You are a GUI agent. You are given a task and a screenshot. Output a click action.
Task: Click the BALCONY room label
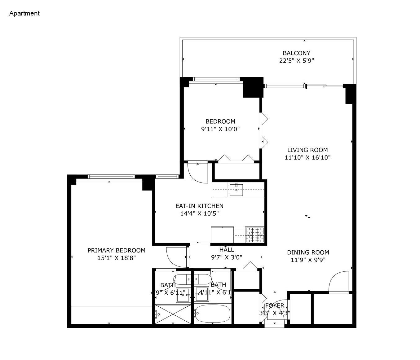tap(296, 53)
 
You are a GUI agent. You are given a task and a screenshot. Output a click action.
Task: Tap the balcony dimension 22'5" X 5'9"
tap(297, 61)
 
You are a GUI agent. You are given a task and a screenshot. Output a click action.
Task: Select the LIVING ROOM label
tap(307, 150)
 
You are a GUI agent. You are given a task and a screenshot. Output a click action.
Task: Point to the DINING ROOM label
tap(308, 252)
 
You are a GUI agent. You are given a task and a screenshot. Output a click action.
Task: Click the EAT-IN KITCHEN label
tap(199, 206)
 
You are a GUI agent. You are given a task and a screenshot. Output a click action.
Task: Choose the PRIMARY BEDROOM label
tap(116, 250)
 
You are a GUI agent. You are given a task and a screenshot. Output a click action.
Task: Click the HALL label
tap(227, 250)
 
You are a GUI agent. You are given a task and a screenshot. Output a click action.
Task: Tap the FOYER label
tap(275, 306)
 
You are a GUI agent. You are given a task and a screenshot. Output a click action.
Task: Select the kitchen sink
tap(236, 189)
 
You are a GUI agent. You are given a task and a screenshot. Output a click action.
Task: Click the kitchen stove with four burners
tap(254, 235)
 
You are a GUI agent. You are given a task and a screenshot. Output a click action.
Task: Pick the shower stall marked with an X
tap(173, 314)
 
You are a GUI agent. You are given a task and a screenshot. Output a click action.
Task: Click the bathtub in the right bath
tap(213, 314)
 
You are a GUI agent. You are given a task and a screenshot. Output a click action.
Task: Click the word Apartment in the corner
tap(24, 13)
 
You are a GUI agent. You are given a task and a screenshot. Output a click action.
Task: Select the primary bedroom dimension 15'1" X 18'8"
tap(117, 258)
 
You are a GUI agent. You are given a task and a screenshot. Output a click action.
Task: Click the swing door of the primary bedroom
tap(176, 257)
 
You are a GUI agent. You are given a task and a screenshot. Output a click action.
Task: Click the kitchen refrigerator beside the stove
tap(222, 235)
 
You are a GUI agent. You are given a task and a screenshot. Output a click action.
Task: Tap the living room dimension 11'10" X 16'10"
tap(307, 157)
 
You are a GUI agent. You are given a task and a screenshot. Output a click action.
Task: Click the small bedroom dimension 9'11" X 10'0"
tap(220, 129)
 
